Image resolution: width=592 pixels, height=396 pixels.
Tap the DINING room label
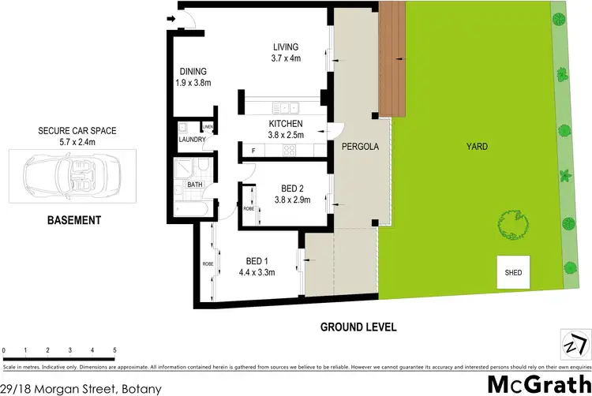193,71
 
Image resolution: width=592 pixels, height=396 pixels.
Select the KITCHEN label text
286,125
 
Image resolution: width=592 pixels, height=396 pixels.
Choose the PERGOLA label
360,147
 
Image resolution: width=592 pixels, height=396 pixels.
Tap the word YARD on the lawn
477,147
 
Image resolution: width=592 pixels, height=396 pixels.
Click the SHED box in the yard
513,273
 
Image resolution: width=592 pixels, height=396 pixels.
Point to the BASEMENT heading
72,221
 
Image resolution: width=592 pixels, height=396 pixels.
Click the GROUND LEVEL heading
358,327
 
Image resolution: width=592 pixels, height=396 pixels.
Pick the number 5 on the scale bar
115,349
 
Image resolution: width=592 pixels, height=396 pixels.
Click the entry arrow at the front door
171,20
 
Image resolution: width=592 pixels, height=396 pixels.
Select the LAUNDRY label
192,140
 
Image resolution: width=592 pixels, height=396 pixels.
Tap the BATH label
195,185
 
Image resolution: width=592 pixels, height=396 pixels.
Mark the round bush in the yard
514,226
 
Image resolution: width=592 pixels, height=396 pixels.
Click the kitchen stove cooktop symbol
290,150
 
